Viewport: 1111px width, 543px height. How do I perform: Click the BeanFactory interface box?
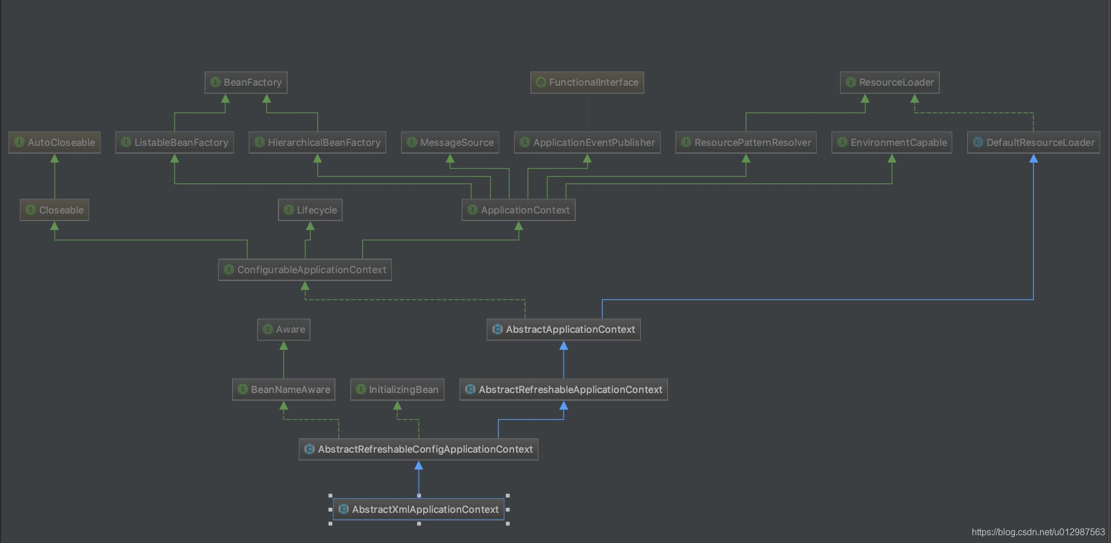click(x=246, y=82)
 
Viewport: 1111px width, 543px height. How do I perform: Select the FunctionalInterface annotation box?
click(x=587, y=82)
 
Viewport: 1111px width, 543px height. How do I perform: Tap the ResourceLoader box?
click(x=889, y=82)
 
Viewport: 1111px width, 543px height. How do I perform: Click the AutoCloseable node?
click(x=55, y=143)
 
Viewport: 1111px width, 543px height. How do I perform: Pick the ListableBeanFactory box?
click(x=174, y=143)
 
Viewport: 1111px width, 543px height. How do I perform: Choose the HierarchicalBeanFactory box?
click(x=317, y=143)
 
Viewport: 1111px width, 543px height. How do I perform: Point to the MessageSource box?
click(x=450, y=143)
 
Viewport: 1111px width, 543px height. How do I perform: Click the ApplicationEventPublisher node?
click(x=587, y=143)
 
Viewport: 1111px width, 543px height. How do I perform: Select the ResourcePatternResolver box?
click(x=746, y=143)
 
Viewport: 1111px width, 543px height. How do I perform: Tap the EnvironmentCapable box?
click(x=892, y=143)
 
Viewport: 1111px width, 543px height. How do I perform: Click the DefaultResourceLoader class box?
click(x=1033, y=143)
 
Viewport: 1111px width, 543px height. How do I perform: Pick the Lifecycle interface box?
click(x=310, y=210)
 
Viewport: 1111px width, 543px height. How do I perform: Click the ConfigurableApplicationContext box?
click(x=305, y=270)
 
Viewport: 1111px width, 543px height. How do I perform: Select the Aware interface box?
click(x=283, y=329)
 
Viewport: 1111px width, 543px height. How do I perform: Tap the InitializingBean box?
click(x=397, y=390)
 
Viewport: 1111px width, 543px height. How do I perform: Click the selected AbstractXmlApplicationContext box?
click(x=419, y=509)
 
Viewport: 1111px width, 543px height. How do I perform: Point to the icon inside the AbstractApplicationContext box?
click(x=498, y=329)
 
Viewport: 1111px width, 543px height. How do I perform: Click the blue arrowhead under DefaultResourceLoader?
click(x=1033, y=158)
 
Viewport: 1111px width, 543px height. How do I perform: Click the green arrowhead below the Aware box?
click(x=283, y=345)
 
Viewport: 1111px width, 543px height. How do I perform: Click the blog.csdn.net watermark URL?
click(x=1038, y=532)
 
